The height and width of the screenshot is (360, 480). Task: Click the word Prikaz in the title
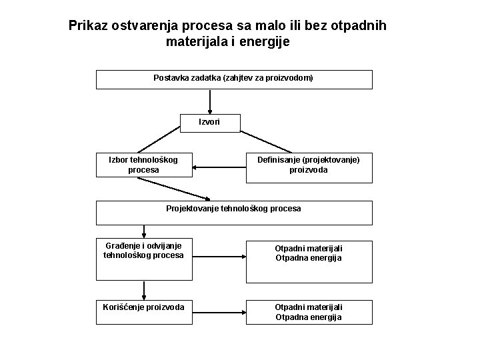(90, 26)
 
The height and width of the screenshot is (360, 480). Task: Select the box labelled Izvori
(209, 122)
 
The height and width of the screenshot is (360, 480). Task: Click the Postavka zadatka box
(233, 79)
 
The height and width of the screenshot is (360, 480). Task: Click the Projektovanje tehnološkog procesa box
(233, 212)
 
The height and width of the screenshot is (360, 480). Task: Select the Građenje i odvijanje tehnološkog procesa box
(143, 253)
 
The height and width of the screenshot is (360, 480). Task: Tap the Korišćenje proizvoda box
(143, 311)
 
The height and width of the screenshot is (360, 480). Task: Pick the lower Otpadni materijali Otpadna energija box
(308, 312)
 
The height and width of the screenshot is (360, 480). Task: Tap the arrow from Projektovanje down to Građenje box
(143, 231)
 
